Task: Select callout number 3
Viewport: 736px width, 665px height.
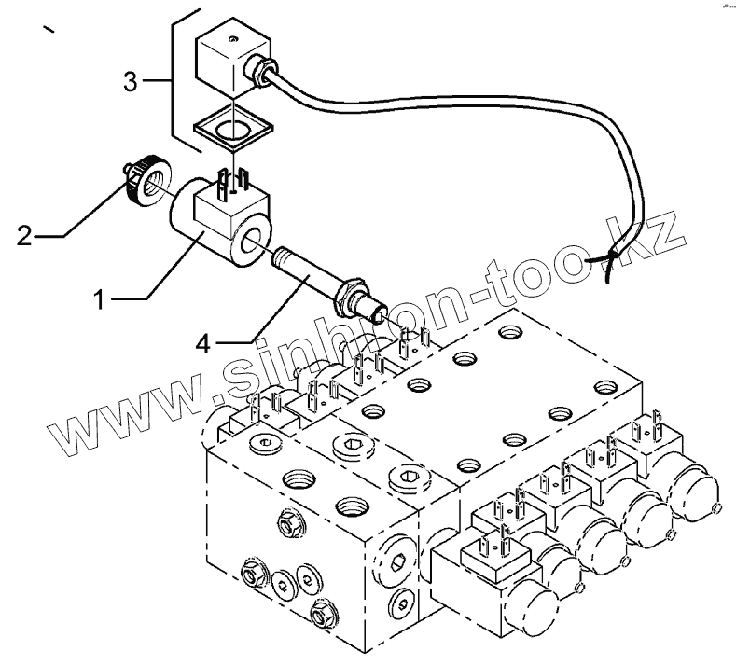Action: coord(132,82)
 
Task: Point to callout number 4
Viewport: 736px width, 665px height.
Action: coord(203,345)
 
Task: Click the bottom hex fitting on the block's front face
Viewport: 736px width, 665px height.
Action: coord(323,613)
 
